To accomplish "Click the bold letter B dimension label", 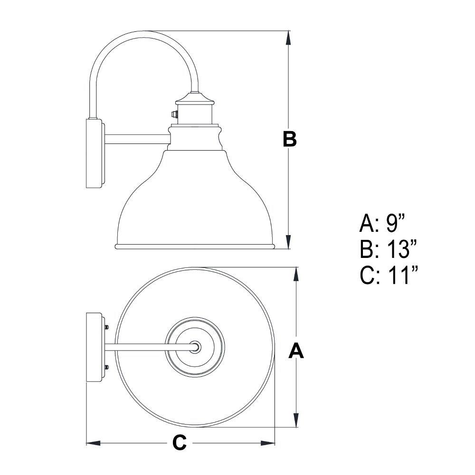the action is point(290,139).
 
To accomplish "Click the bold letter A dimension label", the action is point(296,351).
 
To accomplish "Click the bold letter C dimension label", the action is point(180,443).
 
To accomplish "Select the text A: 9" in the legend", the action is point(382,224).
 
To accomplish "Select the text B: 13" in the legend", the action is point(389,249).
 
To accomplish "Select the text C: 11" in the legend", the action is point(389,275).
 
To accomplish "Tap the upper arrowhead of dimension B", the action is point(289,38).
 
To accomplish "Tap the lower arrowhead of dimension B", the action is point(289,241).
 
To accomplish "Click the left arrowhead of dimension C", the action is point(94,443).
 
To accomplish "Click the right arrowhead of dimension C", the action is point(267,443).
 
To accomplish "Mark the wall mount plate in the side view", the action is point(95,153).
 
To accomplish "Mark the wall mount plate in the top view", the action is point(95,348).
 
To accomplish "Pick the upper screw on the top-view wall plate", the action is point(106,327).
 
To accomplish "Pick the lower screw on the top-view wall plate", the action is point(106,368).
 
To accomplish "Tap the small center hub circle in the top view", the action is point(195,346).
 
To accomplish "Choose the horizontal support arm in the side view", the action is point(137,139).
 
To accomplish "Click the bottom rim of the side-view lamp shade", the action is point(195,247).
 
